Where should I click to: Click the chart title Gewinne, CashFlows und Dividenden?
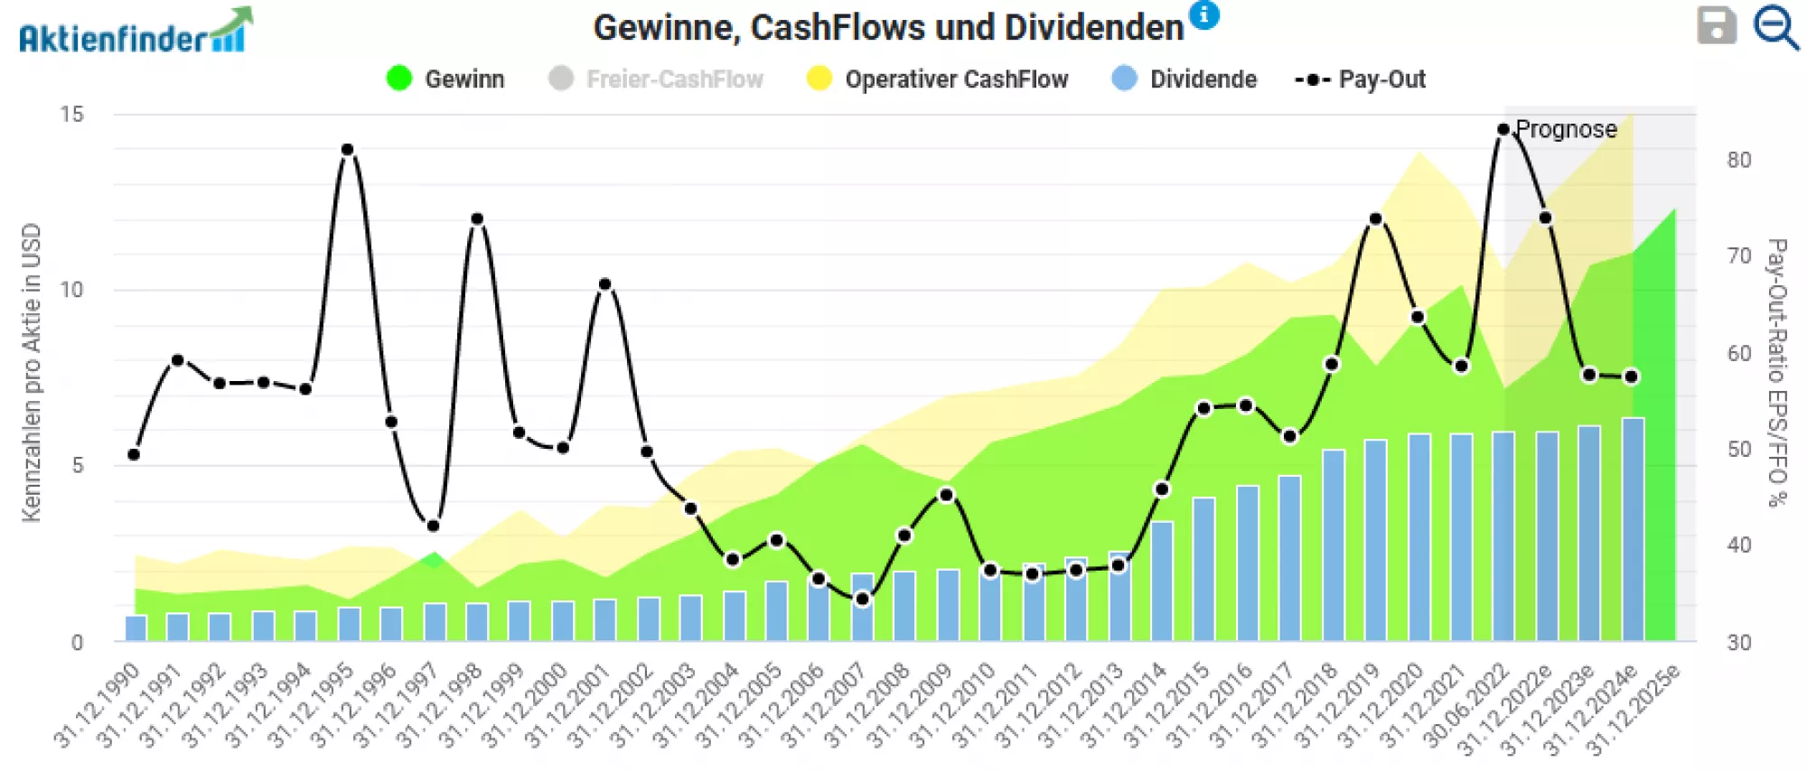[x=887, y=28]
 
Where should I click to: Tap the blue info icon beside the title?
[x=1203, y=14]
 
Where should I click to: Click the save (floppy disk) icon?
[x=1716, y=26]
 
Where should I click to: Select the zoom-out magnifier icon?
[x=1775, y=28]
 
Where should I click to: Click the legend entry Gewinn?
[x=445, y=79]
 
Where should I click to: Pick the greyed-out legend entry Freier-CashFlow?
[x=657, y=79]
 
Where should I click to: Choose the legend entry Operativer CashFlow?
[x=938, y=79]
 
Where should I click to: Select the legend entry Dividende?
[x=1184, y=79]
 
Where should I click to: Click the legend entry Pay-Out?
[x=1361, y=79]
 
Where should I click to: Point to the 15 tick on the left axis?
[x=71, y=115]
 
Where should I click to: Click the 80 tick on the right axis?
[x=1738, y=160]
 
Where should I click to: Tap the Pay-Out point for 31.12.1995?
[x=348, y=150]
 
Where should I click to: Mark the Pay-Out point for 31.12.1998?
[x=477, y=219]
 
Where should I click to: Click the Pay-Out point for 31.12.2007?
[x=863, y=599]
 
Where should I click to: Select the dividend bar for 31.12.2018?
[x=1333, y=545]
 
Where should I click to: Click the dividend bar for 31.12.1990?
[x=136, y=628]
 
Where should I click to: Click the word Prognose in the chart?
[x=1566, y=129]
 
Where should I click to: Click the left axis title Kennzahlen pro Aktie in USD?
[x=32, y=372]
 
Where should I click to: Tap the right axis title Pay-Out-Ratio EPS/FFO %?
[x=1776, y=372]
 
